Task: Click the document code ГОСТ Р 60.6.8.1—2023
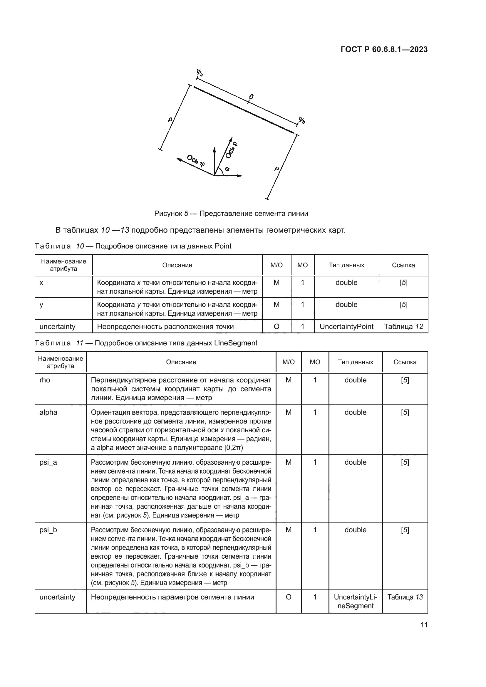[x=384, y=49]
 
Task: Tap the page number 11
[x=424, y=625]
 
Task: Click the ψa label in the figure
[x=199, y=73]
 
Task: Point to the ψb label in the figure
[x=302, y=120]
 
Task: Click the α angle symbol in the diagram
[x=227, y=169]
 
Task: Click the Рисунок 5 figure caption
[x=231, y=213]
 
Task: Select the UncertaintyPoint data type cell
[x=346, y=326]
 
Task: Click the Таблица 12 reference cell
[x=403, y=326]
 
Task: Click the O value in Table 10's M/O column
[x=276, y=326]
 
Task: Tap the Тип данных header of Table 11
[x=355, y=362]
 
